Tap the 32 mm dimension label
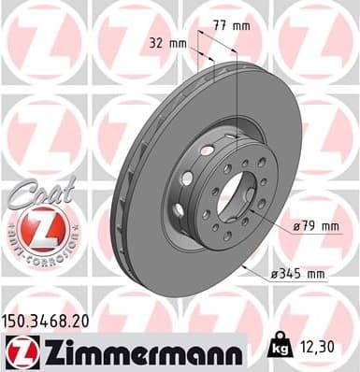click(168, 42)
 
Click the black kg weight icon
click(278, 346)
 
